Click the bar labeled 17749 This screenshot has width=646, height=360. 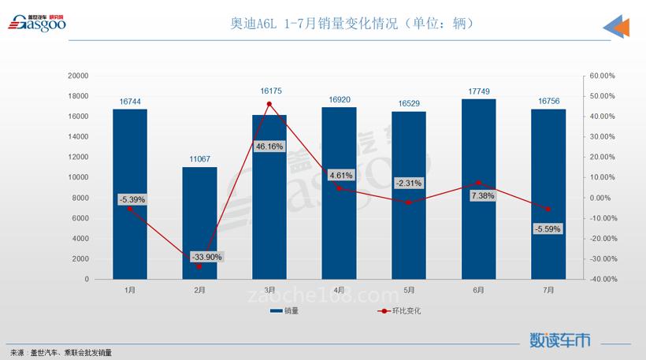point(478,189)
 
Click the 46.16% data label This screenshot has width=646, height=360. point(269,147)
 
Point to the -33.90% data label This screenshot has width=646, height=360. point(206,257)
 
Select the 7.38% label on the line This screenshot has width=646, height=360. point(482,195)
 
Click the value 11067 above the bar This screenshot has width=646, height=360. point(199,159)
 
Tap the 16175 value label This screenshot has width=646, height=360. point(270,91)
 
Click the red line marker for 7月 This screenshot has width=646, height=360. point(548,209)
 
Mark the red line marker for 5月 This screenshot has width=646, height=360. point(409,202)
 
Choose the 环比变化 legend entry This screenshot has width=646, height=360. point(401,311)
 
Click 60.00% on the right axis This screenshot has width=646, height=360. point(602,76)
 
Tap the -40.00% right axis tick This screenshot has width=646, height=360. point(602,279)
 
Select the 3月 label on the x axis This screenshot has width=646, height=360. point(269,290)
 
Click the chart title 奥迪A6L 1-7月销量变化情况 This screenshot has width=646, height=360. point(351,24)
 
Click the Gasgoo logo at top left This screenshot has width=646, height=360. point(37,23)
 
